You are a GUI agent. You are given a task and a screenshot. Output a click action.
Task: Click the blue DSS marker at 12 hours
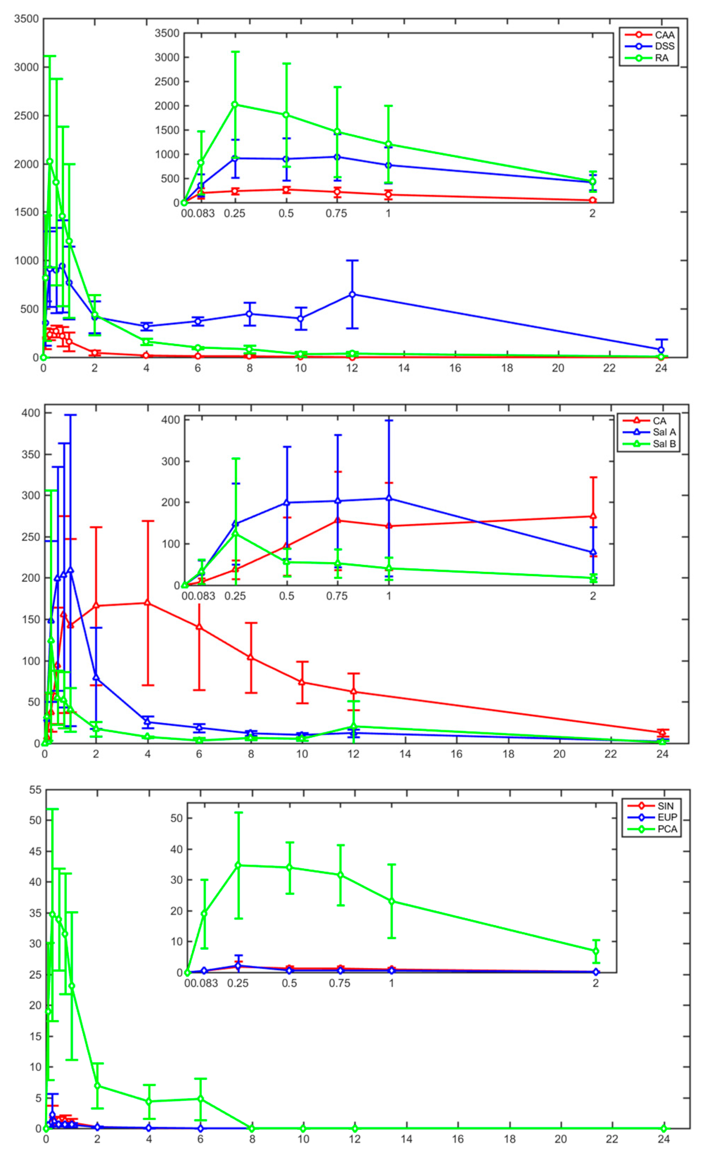[x=352, y=294]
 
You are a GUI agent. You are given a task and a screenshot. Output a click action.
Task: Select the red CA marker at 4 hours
[x=148, y=603]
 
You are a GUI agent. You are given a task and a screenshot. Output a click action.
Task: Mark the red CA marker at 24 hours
[x=662, y=732]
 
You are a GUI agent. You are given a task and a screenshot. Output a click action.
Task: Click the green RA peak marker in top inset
[x=235, y=104]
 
